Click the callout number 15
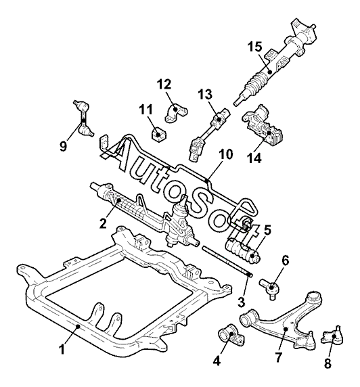(x=255, y=47)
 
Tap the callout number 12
(x=164, y=85)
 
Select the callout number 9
(x=64, y=147)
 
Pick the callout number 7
(x=278, y=357)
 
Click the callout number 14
(x=254, y=158)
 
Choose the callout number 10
(x=225, y=154)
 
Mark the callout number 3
(x=241, y=302)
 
